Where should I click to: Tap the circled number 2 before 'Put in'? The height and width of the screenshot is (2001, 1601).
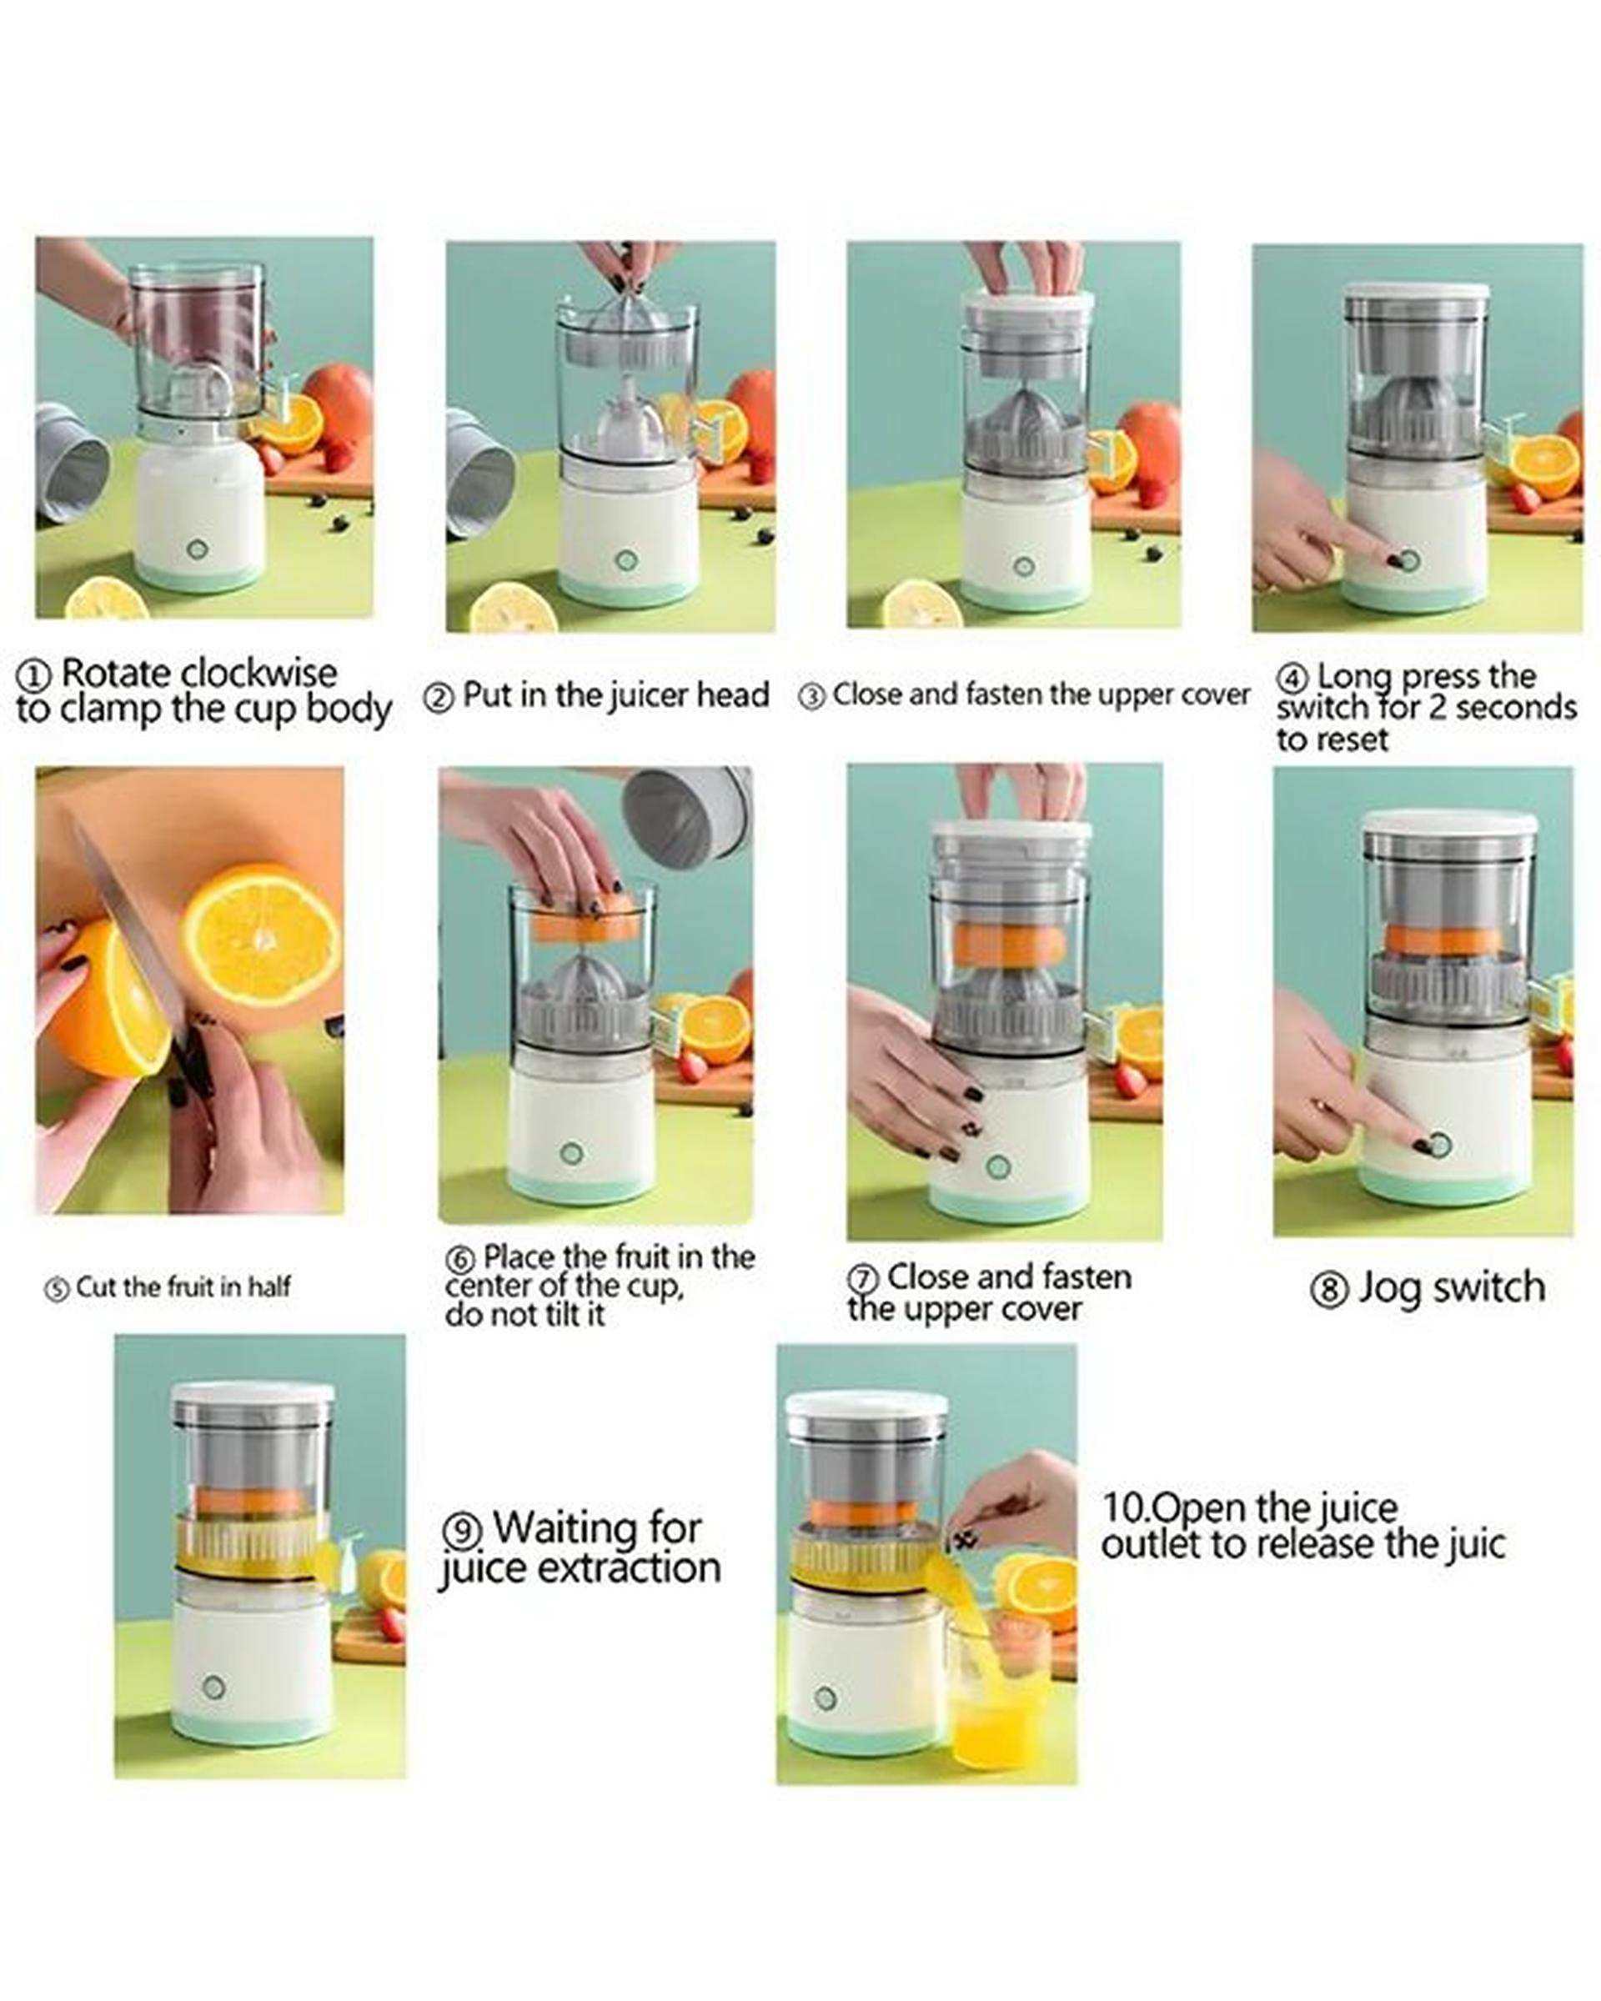pyautogui.click(x=438, y=697)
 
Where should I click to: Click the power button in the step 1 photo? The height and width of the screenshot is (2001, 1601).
pyautogui.click(x=197, y=549)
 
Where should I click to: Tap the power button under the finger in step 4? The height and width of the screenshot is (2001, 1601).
pyautogui.click(x=1407, y=559)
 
